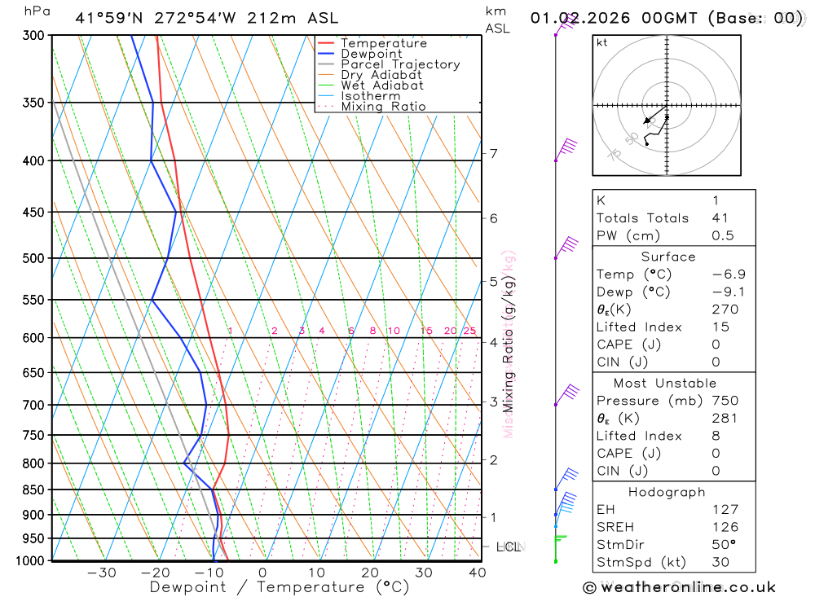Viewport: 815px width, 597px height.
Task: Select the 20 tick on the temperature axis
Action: pyautogui.click(x=370, y=573)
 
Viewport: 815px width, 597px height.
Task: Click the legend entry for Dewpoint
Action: pyautogui.click(x=371, y=54)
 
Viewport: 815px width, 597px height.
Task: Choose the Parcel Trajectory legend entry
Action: pyautogui.click(x=399, y=64)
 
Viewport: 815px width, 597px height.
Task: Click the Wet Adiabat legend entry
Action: pyautogui.click(x=381, y=86)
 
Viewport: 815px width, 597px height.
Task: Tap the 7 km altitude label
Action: pyautogui.click(x=493, y=153)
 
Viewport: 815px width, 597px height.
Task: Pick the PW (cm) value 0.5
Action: pyautogui.click(x=722, y=236)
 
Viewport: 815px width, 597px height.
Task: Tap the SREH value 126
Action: pyautogui.click(x=725, y=527)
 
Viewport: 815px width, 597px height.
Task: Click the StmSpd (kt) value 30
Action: pyautogui.click(x=720, y=562)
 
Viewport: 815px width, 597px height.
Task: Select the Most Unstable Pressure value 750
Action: pyautogui.click(x=725, y=401)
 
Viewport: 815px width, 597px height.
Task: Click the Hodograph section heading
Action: pyautogui.click(x=667, y=493)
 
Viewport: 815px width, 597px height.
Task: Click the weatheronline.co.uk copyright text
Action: pyautogui.click(x=679, y=587)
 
